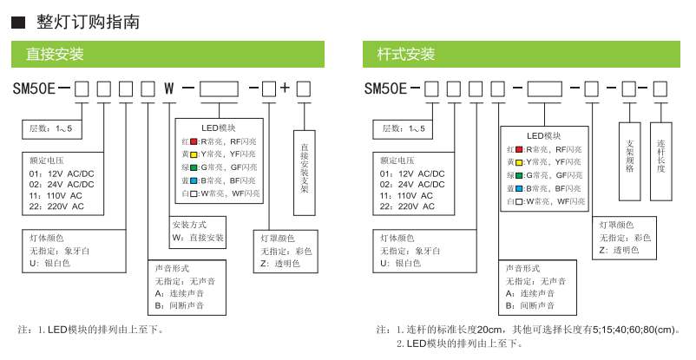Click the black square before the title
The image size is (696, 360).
[17, 22]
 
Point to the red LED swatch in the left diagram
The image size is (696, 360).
[195, 141]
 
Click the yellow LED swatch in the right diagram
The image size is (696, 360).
[518, 161]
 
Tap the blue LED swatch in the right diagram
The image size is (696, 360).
[518, 187]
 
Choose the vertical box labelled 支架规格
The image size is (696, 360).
[629, 155]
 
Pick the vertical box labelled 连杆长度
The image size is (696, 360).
[660, 155]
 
